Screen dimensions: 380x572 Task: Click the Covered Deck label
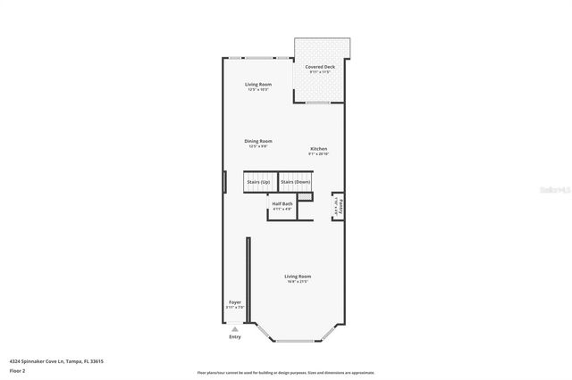coord(320,67)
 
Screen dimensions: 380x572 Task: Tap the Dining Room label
coord(258,141)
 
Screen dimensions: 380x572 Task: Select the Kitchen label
coord(319,148)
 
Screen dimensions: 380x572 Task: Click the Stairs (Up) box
coord(258,182)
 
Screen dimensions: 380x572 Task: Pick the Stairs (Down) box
coord(295,182)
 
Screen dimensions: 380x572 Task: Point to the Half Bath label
coord(282,204)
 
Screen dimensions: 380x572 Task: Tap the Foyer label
coord(235,302)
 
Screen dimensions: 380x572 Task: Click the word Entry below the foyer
coord(235,337)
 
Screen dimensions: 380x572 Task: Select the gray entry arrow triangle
coord(235,328)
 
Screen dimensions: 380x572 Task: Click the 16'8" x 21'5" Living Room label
coord(298,277)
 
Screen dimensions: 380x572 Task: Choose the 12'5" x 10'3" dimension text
coord(258,89)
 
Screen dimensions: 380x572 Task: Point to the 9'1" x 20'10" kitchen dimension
coord(319,154)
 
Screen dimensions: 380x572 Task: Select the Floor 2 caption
coord(17,370)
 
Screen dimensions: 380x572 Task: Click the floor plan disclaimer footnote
coord(285,372)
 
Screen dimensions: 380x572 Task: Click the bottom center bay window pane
coord(296,341)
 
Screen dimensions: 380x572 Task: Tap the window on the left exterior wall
coord(223,182)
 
